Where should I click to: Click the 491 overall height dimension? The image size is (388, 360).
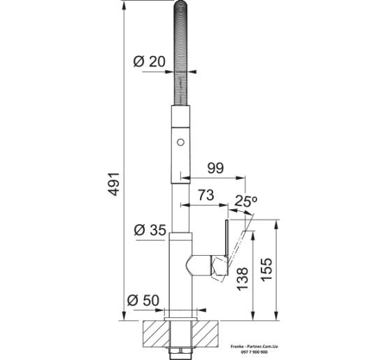115,185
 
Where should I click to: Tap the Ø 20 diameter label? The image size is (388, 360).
149,62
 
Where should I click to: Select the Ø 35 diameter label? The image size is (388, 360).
150,231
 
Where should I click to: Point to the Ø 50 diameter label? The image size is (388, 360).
143,301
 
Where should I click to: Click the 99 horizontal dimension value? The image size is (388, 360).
215,168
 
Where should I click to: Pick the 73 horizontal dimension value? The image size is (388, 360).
206,195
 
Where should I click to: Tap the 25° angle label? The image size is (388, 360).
245,201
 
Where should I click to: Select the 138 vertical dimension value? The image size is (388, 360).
243,279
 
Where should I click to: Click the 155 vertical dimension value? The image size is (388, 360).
266,269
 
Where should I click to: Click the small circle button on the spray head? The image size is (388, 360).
180,143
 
